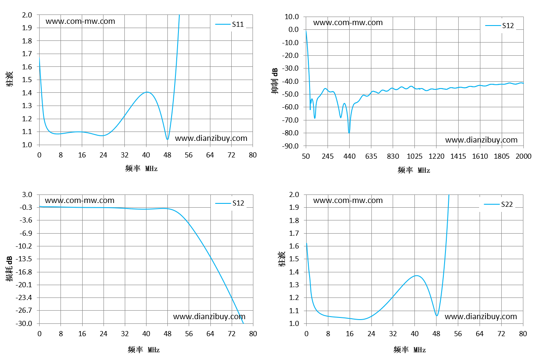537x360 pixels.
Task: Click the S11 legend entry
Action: [x=230, y=24]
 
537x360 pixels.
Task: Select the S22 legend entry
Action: [x=498, y=204]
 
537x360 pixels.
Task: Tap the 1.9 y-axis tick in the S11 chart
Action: [x=27, y=28]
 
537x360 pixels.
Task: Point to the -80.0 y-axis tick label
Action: [x=290, y=133]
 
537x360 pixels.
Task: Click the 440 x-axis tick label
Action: [x=349, y=157]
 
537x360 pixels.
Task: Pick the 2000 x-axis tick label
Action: [x=523, y=157]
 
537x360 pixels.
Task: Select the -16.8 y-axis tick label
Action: [x=24, y=272]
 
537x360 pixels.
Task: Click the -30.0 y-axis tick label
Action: [x=24, y=323]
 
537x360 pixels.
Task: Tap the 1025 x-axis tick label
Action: [x=414, y=157]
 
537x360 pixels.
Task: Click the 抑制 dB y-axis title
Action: [x=275, y=81]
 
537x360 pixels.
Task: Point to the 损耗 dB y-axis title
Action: [x=9, y=269]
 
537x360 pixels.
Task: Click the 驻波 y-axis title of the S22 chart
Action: [x=281, y=259]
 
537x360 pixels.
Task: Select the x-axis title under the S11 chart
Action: [x=141, y=169]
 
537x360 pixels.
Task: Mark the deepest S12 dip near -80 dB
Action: [x=349, y=133]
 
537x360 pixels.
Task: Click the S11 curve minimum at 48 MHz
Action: [x=167, y=139]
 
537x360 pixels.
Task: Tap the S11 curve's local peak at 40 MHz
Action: [x=147, y=92]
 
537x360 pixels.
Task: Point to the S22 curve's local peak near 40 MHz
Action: [x=416, y=276]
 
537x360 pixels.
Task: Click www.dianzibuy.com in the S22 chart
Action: [x=481, y=317]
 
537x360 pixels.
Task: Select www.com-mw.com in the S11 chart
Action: [x=80, y=21]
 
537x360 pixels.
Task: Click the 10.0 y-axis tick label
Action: [x=292, y=17]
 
